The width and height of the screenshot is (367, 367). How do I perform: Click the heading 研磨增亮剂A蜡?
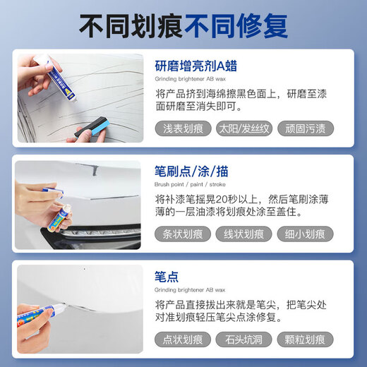(x=195, y=66)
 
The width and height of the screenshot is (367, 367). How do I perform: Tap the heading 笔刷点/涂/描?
(x=191, y=172)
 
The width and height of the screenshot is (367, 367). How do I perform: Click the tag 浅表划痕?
(x=182, y=128)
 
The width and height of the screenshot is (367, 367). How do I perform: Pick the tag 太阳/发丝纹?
(x=243, y=128)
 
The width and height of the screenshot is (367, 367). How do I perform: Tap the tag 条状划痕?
(x=182, y=234)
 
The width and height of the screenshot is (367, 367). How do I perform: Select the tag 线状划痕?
(x=243, y=234)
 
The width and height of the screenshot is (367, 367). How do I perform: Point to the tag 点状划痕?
(x=182, y=339)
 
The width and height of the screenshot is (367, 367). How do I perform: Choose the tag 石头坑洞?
(x=243, y=339)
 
